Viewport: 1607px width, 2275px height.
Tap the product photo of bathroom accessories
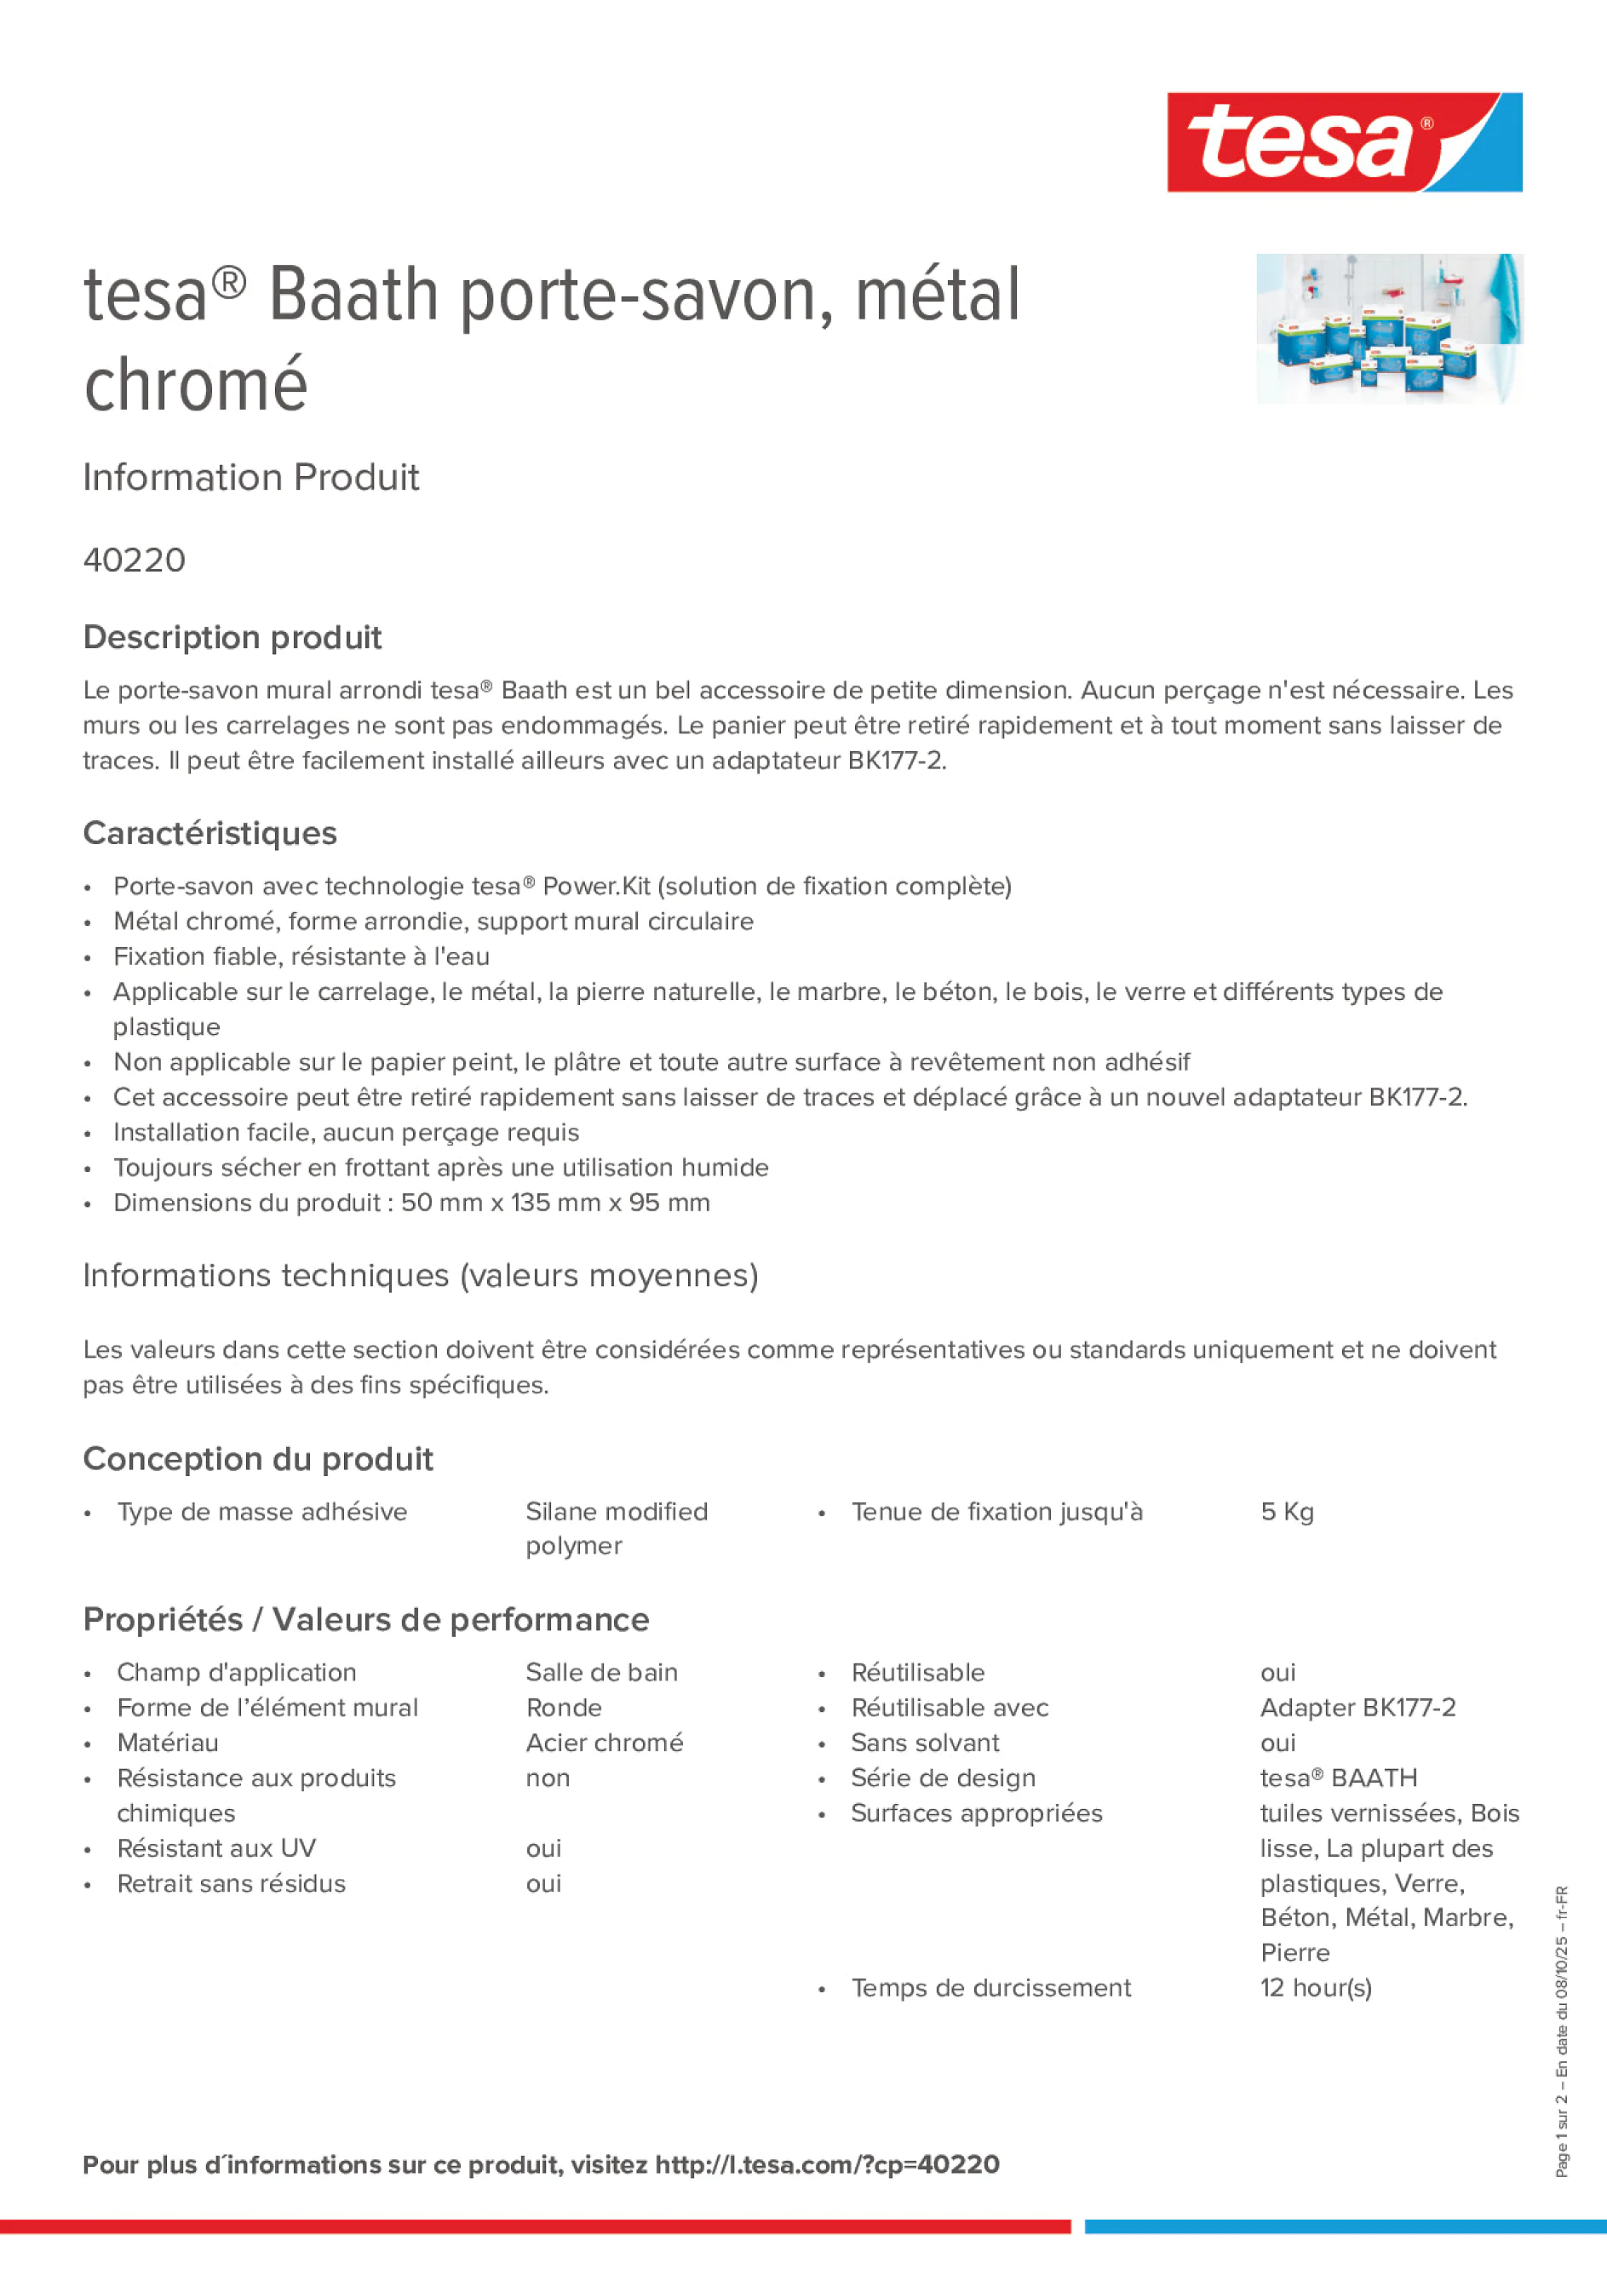point(1389,328)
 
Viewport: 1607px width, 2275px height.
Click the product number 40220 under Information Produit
point(135,560)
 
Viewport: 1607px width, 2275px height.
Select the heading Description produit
point(232,637)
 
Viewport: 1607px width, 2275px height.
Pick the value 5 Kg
point(1287,1511)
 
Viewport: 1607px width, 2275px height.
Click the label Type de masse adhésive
point(261,1511)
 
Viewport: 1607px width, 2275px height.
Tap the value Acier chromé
point(605,1742)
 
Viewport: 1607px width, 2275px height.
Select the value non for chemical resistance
point(548,1778)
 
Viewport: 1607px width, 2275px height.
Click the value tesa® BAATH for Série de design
point(1339,1778)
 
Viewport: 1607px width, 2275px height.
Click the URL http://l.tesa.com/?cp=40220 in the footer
point(827,2164)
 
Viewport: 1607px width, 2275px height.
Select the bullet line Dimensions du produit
point(411,1202)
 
